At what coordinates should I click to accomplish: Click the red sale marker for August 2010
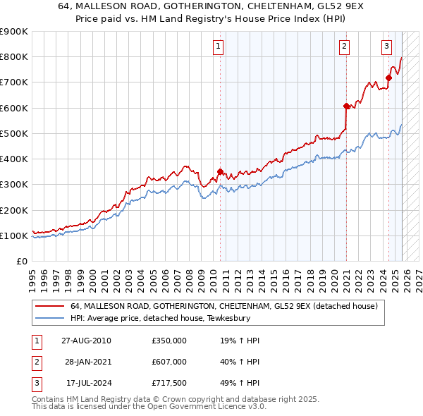(220, 171)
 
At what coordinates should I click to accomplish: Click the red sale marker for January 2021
(346, 106)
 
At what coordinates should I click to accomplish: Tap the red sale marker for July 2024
(388, 78)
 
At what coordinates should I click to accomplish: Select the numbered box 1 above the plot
(218, 47)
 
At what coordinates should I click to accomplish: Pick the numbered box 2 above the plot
(344, 47)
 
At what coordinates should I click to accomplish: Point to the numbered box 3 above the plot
(387, 47)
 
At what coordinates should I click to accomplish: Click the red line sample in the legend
(49, 307)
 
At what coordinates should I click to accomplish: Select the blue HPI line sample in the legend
(49, 318)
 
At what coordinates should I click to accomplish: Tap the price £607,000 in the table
(169, 362)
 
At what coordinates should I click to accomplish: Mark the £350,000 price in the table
(169, 341)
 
